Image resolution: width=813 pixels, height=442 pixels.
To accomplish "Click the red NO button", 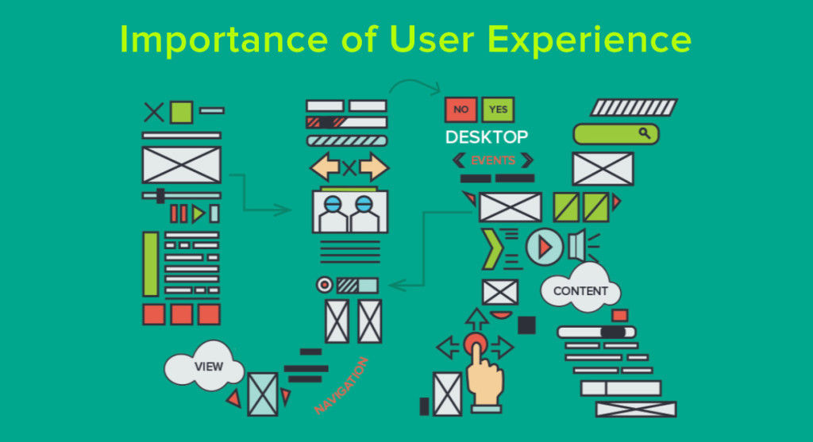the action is pos(460,110).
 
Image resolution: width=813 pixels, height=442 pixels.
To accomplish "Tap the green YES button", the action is pos(498,110).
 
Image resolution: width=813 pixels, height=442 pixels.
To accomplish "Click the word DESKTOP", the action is pos(487,137).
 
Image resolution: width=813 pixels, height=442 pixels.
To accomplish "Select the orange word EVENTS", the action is pos(492,160).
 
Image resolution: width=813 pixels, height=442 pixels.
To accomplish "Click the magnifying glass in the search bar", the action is pos(644,133).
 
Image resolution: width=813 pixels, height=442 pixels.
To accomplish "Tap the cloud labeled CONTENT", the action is pos(580,289).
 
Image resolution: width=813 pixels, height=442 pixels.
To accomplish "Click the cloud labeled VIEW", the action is pos(204,366).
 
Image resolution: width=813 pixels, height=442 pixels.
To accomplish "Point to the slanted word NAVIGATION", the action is pos(341,386).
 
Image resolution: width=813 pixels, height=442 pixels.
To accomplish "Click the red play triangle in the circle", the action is pos(545,247).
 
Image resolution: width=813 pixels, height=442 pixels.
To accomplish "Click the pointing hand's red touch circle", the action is pos(476,344).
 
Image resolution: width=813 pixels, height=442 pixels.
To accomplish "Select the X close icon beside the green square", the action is pos(153,112).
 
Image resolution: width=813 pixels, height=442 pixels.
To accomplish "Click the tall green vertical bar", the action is pos(150,263).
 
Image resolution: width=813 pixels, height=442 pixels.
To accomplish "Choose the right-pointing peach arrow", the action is pos(373,167).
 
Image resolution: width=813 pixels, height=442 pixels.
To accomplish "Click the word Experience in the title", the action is pos(590,40).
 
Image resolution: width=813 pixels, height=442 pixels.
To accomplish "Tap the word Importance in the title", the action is pos(223,40).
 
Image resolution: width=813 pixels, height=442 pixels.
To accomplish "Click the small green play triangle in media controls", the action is pos(198,213).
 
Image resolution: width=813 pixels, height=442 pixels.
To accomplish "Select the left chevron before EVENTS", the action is pos(458,160).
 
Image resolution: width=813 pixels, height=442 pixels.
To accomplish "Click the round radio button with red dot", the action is pos(325,285).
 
